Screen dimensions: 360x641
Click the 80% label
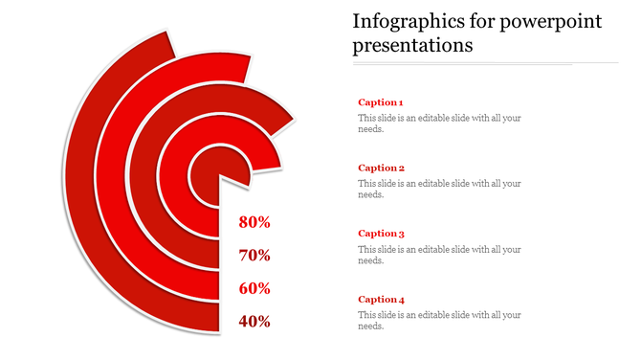pyautogui.click(x=254, y=222)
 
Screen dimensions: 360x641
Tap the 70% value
pyautogui.click(x=254, y=256)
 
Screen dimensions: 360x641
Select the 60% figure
pyautogui.click(x=254, y=288)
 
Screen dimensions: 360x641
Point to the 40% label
pyautogui.click(x=254, y=322)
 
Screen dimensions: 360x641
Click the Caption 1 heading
pyautogui.click(x=381, y=101)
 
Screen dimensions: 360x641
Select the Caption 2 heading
pyautogui.click(x=381, y=168)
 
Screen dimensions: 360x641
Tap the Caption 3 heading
pyautogui.click(x=381, y=233)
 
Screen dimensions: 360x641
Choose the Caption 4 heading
pyautogui.click(x=381, y=299)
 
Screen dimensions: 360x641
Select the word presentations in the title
pyautogui.click(x=413, y=46)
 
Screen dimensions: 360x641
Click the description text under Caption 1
pyautogui.click(x=439, y=124)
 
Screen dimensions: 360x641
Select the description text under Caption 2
pyautogui.click(x=439, y=189)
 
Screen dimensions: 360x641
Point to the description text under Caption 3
pyautogui.click(x=439, y=255)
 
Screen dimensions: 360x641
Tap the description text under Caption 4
pyautogui.click(x=439, y=320)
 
